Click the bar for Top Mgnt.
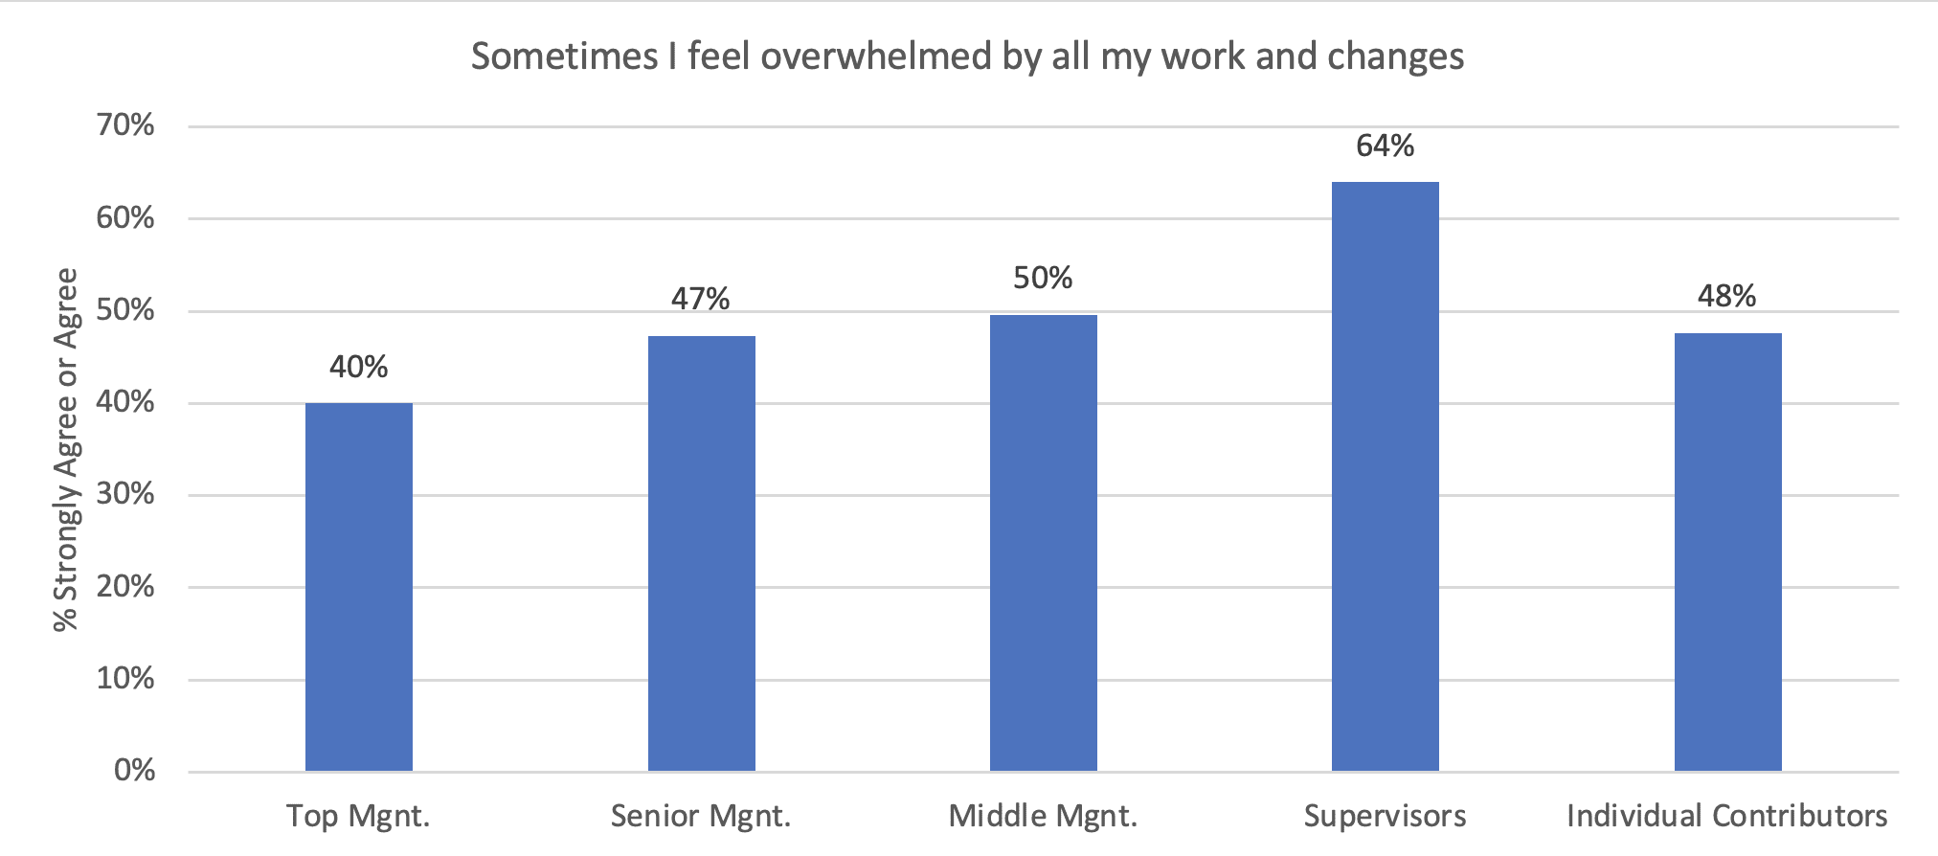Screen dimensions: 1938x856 (359, 587)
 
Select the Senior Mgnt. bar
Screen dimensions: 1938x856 (702, 553)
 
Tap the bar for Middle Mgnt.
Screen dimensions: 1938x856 (1044, 543)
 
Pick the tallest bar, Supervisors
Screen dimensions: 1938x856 (1386, 477)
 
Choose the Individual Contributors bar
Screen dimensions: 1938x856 (1728, 552)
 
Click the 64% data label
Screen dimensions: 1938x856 (1386, 146)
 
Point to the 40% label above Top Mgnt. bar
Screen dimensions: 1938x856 (359, 367)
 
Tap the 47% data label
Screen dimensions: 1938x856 (701, 299)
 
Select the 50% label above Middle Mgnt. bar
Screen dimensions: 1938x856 (1043, 278)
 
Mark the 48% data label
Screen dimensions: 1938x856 (1727, 296)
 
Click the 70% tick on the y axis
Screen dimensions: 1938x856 (125, 125)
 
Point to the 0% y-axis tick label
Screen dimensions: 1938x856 (135, 771)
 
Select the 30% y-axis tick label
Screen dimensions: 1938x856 (125, 494)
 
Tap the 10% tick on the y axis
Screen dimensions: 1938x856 (125, 679)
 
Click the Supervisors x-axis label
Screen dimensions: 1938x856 (1386, 816)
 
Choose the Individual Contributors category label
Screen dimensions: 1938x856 (1727, 816)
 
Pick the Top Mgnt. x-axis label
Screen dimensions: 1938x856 (359, 817)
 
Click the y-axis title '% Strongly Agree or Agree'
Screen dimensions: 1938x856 (66, 449)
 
